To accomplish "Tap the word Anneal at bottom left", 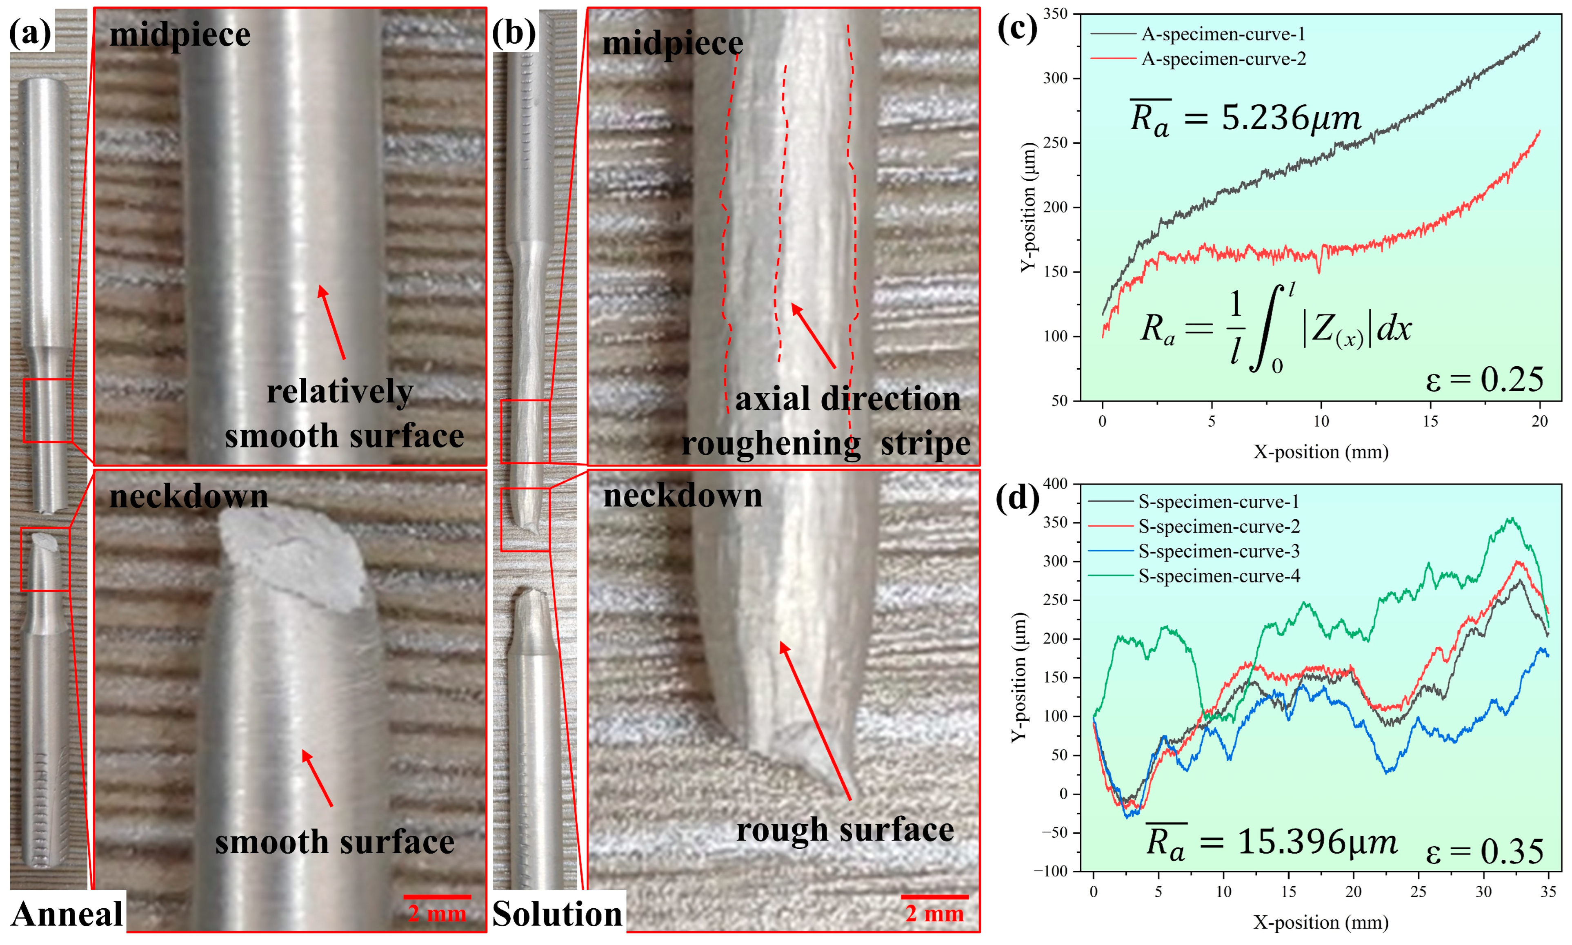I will coord(67,914).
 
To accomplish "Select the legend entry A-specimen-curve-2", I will coord(1223,59).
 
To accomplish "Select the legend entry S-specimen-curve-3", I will coord(1218,551).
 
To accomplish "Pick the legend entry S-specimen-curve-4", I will coord(1218,576).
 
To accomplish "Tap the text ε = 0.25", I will coord(1484,380).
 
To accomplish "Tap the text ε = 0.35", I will coord(1484,852).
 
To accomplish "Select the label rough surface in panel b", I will coord(845,830).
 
